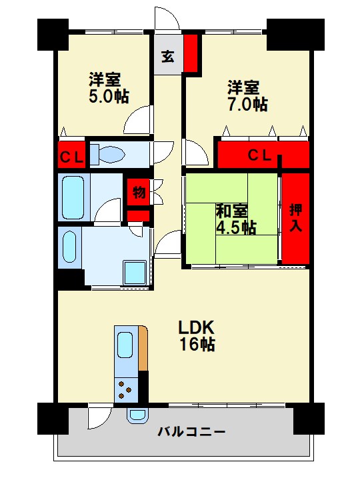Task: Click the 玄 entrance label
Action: point(167,56)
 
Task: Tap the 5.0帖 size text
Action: point(108,96)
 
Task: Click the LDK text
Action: point(195,328)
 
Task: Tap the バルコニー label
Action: point(191,431)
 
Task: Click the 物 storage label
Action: point(139,193)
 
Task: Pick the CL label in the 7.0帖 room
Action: point(259,155)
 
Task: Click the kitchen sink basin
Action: point(124,345)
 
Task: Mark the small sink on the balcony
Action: point(137,415)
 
